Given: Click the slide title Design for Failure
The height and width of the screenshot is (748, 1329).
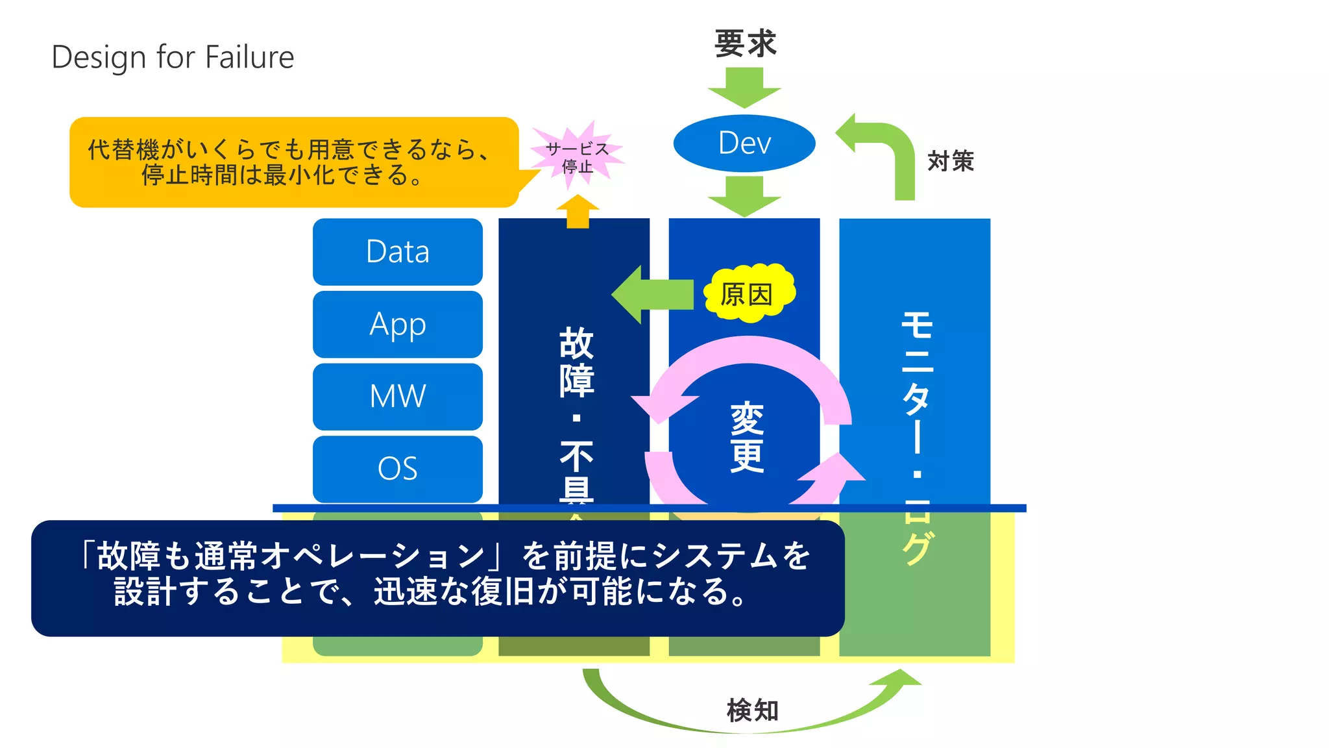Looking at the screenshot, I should click(x=173, y=57).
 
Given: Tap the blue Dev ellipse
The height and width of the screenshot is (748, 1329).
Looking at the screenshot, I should click(x=744, y=143).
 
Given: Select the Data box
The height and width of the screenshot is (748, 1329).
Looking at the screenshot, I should click(x=397, y=252).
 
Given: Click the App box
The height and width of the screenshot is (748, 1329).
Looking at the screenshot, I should click(x=397, y=324).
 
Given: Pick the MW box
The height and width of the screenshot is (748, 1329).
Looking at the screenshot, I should click(x=397, y=396).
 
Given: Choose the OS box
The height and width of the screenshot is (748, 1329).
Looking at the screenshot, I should click(x=397, y=468).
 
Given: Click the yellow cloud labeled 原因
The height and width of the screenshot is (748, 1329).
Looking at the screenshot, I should click(x=748, y=294).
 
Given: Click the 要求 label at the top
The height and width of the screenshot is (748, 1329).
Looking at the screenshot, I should click(x=745, y=44).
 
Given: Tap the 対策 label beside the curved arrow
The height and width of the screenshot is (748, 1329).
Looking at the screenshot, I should click(x=951, y=161).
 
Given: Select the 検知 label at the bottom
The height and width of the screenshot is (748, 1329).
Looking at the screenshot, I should click(x=752, y=710).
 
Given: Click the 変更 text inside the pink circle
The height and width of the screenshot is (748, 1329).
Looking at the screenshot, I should click(x=747, y=436).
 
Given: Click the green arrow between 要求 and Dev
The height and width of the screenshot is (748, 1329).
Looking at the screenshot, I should click(x=744, y=88).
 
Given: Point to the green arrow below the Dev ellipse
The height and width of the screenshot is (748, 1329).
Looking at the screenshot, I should click(x=744, y=196).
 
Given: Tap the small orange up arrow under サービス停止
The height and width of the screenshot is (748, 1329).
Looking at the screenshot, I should click(x=578, y=212).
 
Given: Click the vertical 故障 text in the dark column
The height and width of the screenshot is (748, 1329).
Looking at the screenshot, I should click(x=576, y=361).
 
